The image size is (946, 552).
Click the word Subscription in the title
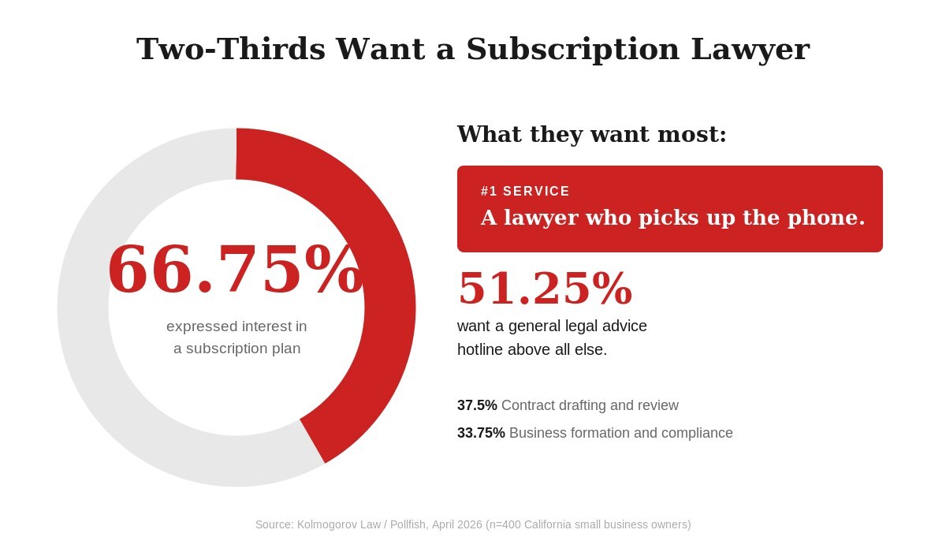pos(572,49)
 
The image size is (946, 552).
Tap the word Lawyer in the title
pos(750,49)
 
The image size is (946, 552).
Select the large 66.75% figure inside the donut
pos(235,270)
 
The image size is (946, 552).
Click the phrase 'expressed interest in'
pos(236,326)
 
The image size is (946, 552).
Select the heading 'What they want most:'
pos(591,134)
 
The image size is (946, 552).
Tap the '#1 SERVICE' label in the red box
pos(525,192)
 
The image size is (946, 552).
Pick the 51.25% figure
pos(545,288)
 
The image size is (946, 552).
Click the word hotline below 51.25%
pos(480,349)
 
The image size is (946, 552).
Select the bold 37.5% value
pos(477,405)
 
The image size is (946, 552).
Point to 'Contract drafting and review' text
pos(590,405)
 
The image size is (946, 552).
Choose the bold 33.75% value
pos(481,433)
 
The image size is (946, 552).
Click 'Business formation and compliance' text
pos(621,433)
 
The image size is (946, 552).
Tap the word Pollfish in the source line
pos(409,524)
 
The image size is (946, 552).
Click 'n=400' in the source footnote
pos(505,524)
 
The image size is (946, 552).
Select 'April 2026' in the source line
pos(456,524)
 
